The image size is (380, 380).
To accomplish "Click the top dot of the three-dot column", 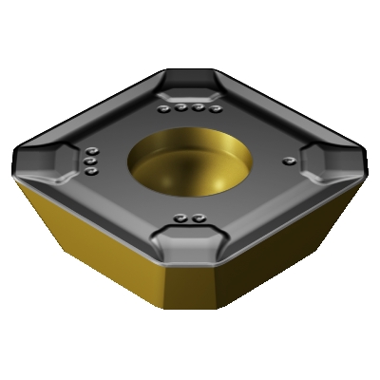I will coord(91,152).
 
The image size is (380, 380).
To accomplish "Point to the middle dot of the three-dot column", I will coord(90,162).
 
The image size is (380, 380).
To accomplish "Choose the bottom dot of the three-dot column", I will coord(90,173).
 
